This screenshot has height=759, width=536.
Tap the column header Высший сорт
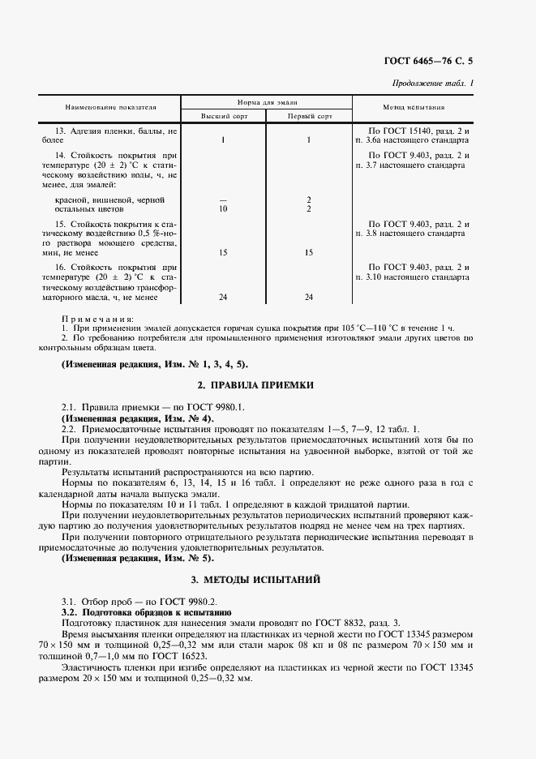222,116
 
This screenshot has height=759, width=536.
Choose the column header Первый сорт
309,116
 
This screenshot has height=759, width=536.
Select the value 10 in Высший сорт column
222,208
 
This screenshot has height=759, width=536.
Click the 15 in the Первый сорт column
309,252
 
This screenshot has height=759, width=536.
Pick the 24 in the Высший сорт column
222,297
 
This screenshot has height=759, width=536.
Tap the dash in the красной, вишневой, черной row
222,199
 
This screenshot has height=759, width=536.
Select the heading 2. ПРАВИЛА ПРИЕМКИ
267,384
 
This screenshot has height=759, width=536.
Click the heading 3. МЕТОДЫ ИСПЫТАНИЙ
267,581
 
